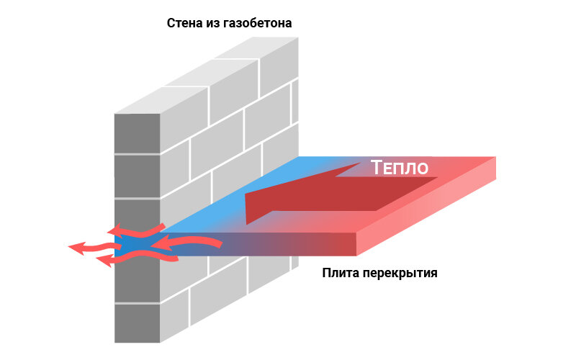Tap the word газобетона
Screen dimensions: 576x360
coord(258,23)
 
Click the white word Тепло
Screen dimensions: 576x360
coord(400,168)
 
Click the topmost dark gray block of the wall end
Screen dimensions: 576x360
coord(137,133)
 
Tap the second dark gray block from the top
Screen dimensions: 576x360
coord(137,176)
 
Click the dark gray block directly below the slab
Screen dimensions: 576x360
coord(137,280)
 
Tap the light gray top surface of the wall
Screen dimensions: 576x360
coord(207,76)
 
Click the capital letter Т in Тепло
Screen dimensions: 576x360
coord(377,168)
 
